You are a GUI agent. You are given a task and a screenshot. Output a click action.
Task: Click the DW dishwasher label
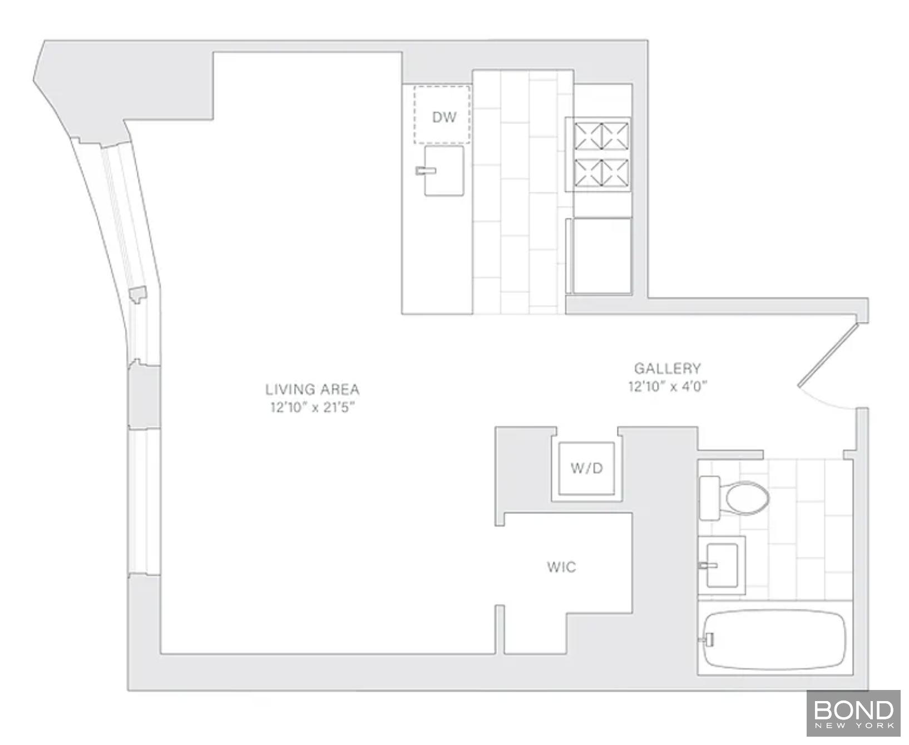tap(444, 117)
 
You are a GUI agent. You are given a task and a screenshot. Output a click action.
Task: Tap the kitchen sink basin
tap(444, 171)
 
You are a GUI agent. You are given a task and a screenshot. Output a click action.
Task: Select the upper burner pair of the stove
tap(601, 136)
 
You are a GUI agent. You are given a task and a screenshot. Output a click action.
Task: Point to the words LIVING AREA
tap(312, 389)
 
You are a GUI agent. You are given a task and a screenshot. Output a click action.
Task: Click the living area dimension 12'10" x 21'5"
tap(312, 408)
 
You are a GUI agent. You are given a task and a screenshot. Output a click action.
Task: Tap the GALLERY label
tap(668, 368)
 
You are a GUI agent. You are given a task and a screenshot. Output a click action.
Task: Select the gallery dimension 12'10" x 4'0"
tap(668, 386)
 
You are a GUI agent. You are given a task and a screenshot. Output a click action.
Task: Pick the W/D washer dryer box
tap(586, 468)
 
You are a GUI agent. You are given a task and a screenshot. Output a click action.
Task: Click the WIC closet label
tap(561, 567)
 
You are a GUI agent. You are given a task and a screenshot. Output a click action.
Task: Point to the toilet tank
tap(709, 498)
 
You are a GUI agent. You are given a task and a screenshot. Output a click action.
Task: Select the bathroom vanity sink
tap(722, 565)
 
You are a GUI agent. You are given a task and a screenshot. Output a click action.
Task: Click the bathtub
tap(775, 639)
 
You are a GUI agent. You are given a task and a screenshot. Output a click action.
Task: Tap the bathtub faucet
tap(707, 640)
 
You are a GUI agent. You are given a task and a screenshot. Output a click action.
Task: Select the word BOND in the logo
tap(854, 710)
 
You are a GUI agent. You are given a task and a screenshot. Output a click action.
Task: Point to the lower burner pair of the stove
tap(601, 172)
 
